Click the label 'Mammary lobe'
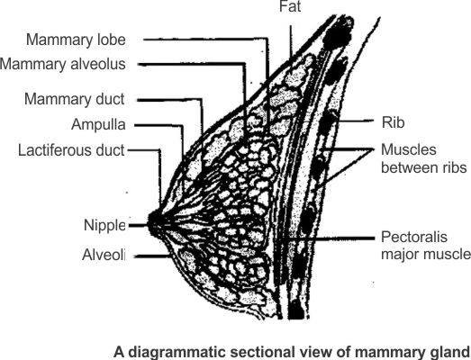(x=76, y=40)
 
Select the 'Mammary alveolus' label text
(x=63, y=64)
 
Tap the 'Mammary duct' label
(x=74, y=99)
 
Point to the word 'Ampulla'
(x=98, y=124)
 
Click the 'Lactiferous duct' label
(x=71, y=150)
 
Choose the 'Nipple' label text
(x=104, y=226)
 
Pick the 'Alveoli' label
(x=104, y=256)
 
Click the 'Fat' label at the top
(x=290, y=6)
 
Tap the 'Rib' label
(x=393, y=122)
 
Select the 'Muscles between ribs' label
(x=424, y=158)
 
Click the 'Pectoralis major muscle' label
(x=426, y=246)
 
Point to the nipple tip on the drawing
(x=150, y=225)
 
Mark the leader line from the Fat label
(x=291, y=42)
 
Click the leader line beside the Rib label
(x=356, y=121)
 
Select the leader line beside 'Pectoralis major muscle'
(x=329, y=238)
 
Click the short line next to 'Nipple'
(x=138, y=225)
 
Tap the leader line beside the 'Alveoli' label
(x=152, y=256)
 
